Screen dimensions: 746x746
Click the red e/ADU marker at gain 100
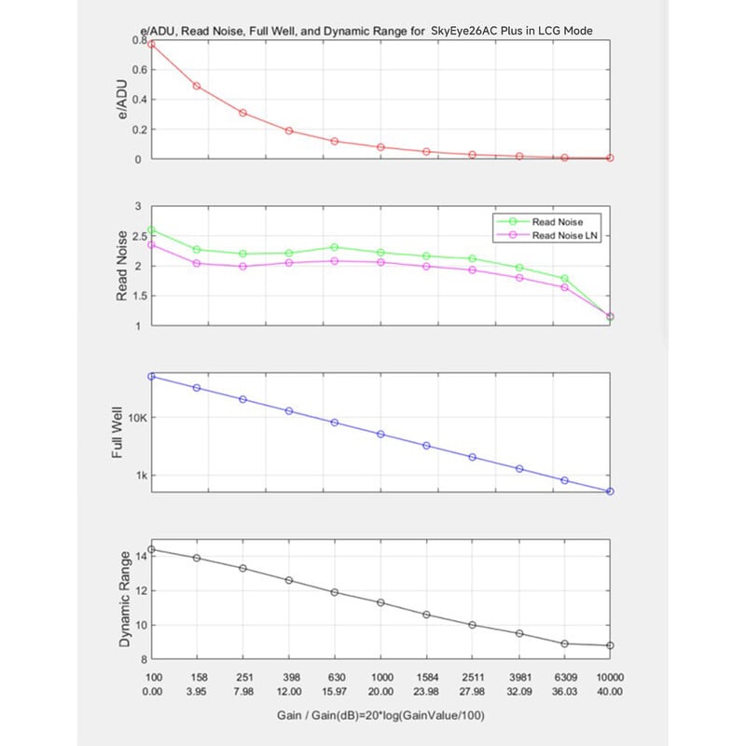151,44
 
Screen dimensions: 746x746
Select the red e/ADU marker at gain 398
289,131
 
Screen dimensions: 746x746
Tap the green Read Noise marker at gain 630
335,247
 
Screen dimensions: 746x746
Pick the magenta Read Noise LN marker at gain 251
242,267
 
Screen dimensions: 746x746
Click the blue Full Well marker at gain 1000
380,434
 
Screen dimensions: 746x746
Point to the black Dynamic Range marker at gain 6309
565,643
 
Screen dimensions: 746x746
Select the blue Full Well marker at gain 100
151,377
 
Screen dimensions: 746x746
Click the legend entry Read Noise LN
546,235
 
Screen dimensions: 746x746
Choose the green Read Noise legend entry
540,222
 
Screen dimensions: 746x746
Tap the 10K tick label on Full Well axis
138,418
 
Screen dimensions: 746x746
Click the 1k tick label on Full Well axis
142,476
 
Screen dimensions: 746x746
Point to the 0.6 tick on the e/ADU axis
140,70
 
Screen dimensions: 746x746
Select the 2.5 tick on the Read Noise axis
140,236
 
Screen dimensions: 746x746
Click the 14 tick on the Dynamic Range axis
142,556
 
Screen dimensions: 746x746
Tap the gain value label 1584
427,677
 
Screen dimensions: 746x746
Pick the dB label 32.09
519,691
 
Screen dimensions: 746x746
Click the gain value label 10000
610,677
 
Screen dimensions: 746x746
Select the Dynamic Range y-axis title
125,599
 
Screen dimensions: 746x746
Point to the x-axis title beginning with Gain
380,715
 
